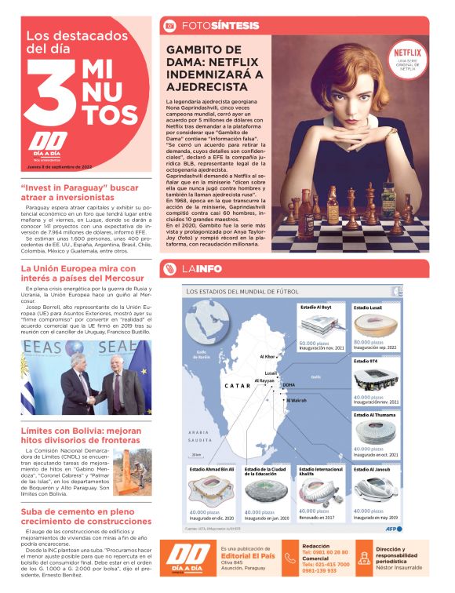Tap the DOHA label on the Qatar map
[288, 385]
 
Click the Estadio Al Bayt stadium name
[316, 307]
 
